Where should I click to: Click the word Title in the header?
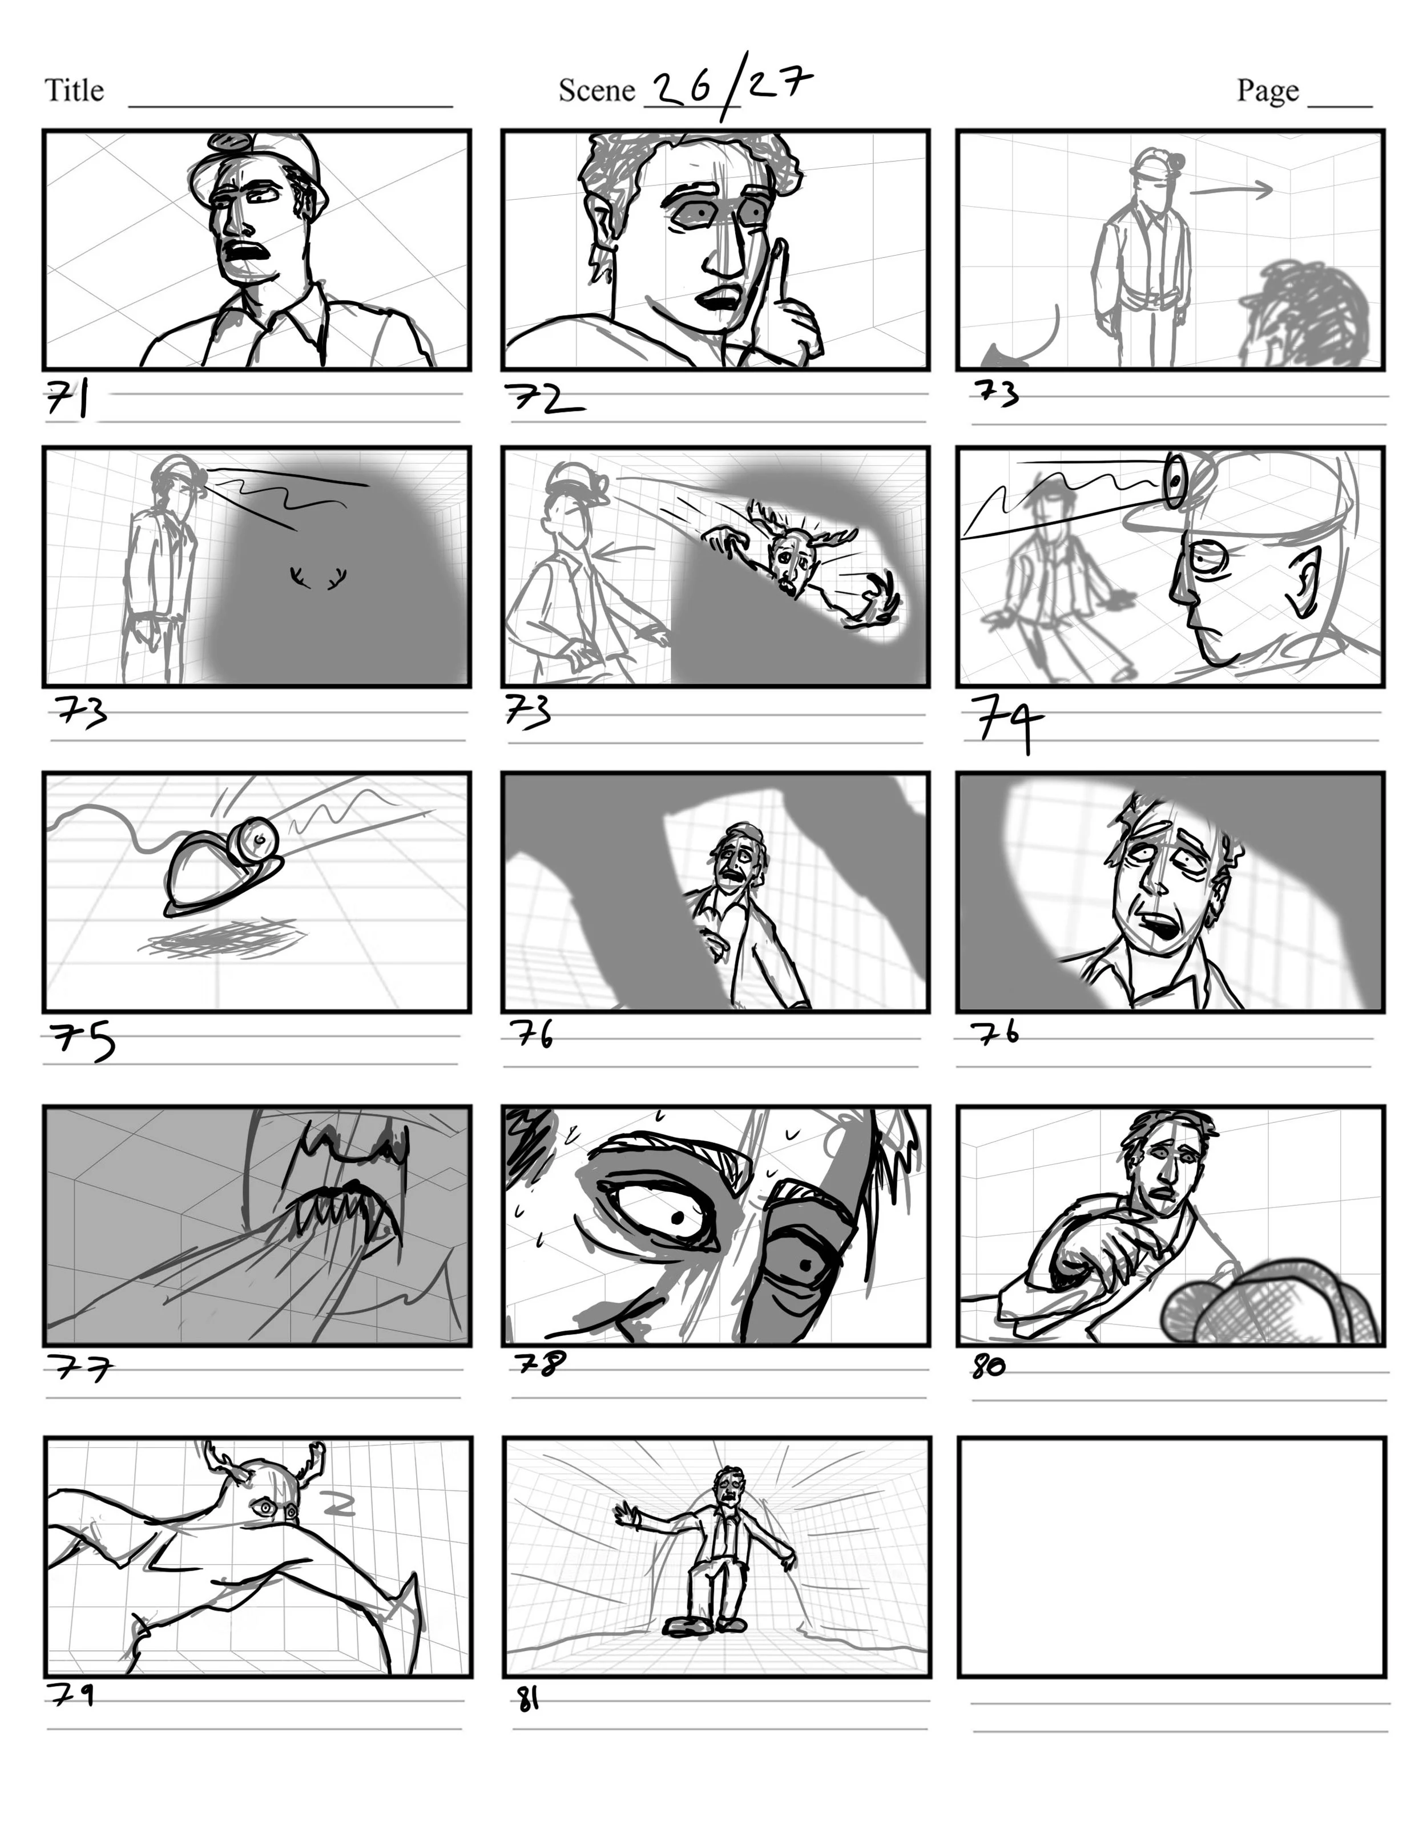tap(74, 90)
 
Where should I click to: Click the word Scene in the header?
tap(596, 90)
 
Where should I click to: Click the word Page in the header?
tap(1267, 90)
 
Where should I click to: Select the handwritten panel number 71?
tap(67, 398)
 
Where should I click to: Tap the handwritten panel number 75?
tap(82, 1040)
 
